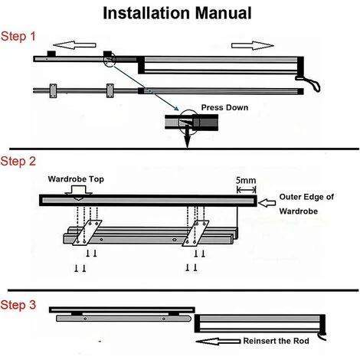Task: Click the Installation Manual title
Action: (177, 13)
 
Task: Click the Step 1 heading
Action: (18, 36)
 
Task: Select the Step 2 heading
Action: (18, 162)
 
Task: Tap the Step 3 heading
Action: (18, 305)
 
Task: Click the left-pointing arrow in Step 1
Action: (74, 45)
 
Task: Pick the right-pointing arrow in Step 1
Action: (253, 45)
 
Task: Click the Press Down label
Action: (224, 107)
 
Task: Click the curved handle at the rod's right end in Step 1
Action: (309, 83)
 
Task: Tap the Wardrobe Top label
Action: (76, 179)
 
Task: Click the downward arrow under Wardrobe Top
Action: (78, 194)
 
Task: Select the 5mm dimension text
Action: (246, 181)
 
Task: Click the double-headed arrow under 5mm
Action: (247, 190)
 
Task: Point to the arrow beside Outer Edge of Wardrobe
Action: (267, 203)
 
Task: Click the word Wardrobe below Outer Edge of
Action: (299, 211)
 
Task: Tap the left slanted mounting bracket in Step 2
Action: (87, 233)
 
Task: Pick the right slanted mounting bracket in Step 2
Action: (195, 234)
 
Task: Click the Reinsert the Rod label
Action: (276, 341)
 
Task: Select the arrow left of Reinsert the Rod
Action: (218, 342)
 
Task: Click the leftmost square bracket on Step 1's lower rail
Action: (54, 91)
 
